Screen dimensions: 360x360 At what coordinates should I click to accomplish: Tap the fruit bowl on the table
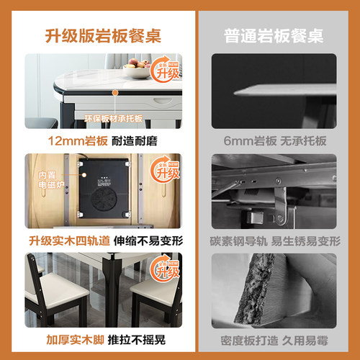click(135, 71)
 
